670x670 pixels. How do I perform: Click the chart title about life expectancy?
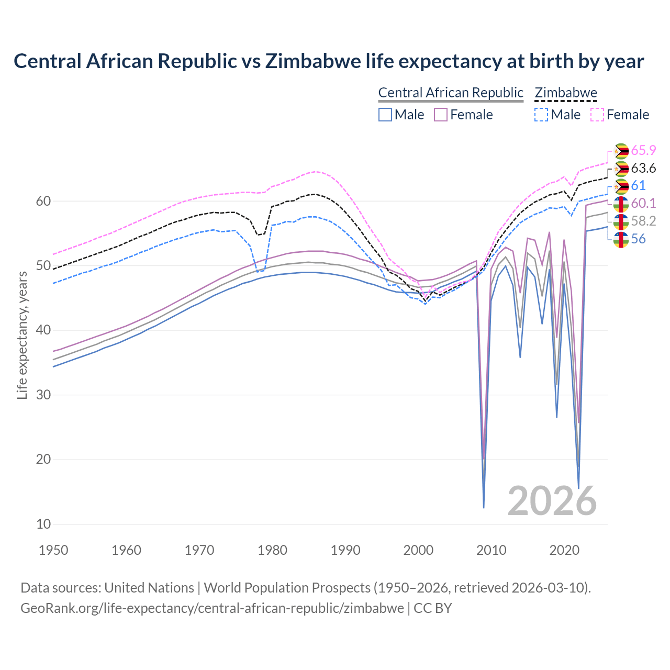pyautogui.click(x=329, y=61)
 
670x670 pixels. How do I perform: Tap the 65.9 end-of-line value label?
pyautogui.click(x=643, y=150)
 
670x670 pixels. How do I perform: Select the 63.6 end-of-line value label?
pyautogui.click(x=643, y=168)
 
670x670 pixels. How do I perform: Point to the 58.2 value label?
pyautogui.click(x=643, y=221)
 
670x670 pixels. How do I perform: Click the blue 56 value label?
pyautogui.click(x=638, y=239)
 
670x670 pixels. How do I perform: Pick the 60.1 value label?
pyautogui.click(x=643, y=203)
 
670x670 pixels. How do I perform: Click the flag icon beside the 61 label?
pyautogui.click(x=621, y=186)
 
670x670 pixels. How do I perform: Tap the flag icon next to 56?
pyautogui.click(x=621, y=239)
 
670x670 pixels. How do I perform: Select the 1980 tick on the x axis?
pyautogui.click(x=272, y=550)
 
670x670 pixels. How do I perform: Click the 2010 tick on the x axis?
pyautogui.click(x=491, y=550)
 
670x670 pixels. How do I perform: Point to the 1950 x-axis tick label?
pyautogui.click(x=53, y=550)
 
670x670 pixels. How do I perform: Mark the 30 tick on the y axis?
pyautogui.click(x=44, y=395)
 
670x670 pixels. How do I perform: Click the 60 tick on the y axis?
pyautogui.click(x=44, y=201)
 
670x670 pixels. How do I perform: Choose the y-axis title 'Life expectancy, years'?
pyautogui.click(x=22, y=335)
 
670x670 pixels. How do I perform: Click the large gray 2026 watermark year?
pyautogui.click(x=552, y=501)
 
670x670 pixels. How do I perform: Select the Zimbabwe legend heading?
pyautogui.click(x=566, y=93)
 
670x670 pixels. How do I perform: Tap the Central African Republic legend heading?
pyautogui.click(x=451, y=93)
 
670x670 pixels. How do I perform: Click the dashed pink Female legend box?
pyautogui.click(x=597, y=115)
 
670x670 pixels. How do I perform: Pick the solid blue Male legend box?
pyautogui.click(x=385, y=115)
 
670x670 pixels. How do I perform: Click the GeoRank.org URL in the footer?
pyautogui.click(x=212, y=608)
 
